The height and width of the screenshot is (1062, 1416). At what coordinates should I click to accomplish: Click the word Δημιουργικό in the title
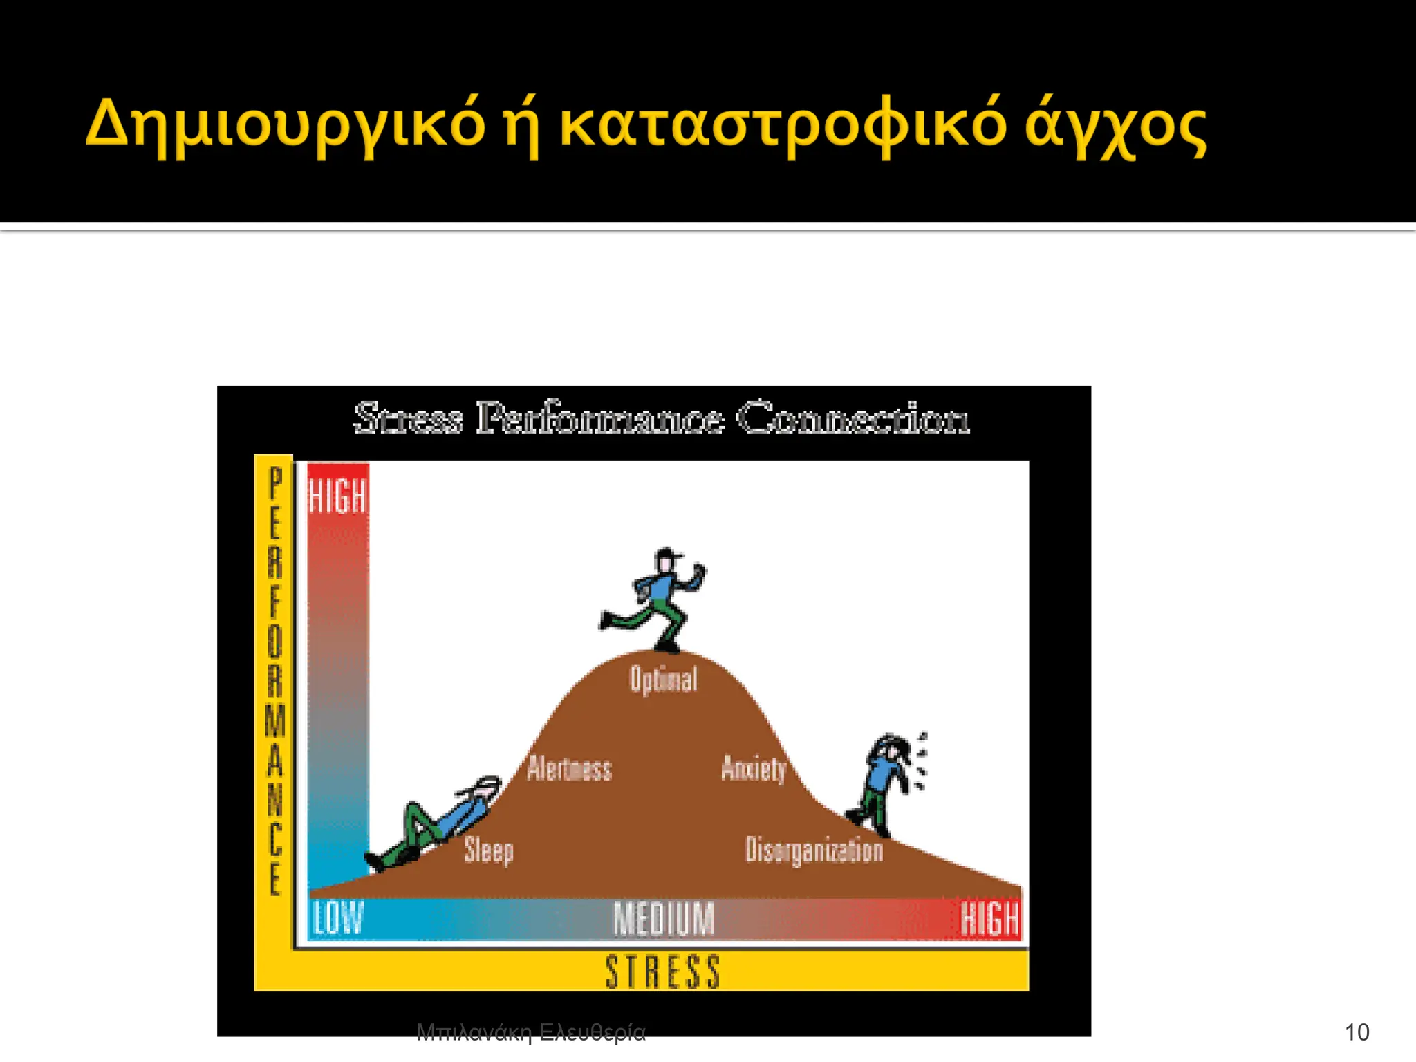(286, 124)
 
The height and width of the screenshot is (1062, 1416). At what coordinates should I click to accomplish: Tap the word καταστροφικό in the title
(782, 124)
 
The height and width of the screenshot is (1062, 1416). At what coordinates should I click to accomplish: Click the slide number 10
(1357, 1032)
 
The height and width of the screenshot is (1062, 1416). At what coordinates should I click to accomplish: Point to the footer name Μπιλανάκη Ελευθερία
(530, 1032)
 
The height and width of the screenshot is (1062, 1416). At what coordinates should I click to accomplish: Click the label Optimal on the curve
(663, 680)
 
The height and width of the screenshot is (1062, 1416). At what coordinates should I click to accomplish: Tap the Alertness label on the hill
(569, 769)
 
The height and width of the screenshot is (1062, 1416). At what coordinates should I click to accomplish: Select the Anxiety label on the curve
(754, 768)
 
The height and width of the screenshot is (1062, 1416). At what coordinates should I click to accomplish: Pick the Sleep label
(488, 850)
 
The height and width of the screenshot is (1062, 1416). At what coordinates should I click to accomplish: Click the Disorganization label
(814, 850)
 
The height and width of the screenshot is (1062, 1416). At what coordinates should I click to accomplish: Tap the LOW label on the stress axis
(337, 919)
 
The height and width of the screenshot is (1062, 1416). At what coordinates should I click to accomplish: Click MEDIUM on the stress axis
(663, 919)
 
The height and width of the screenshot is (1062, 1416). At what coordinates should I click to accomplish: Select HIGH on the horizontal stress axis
(989, 919)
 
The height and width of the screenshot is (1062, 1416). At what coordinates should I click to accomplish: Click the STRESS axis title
(662, 971)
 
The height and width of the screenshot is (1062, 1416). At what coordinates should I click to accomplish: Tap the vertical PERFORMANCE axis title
(275, 681)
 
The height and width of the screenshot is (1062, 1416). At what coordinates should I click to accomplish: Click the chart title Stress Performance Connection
(662, 418)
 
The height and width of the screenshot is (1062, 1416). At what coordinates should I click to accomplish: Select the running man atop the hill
(658, 599)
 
